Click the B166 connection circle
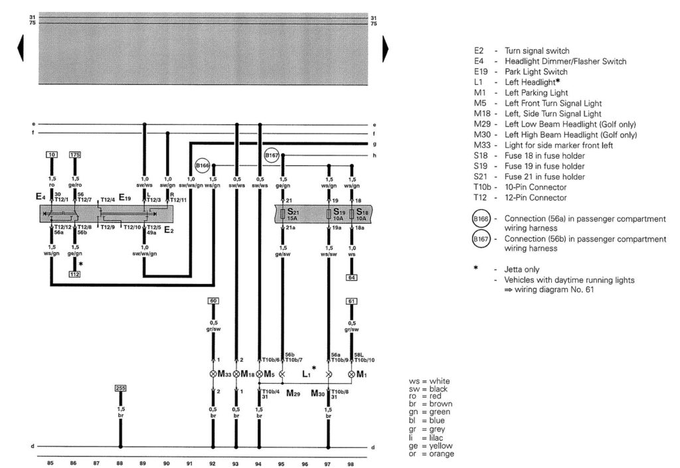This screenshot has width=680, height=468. point(202,165)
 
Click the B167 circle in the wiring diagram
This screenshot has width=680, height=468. point(272,155)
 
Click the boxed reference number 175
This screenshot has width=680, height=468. point(75,155)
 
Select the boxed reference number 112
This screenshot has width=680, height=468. point(74,273)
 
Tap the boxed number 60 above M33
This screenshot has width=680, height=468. point(213,301)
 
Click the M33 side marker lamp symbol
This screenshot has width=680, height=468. point(212,374)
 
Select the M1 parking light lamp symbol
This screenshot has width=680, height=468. point(351,374)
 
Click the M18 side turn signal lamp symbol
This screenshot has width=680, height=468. point(236,374)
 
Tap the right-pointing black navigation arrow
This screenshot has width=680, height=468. point(386,48)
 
